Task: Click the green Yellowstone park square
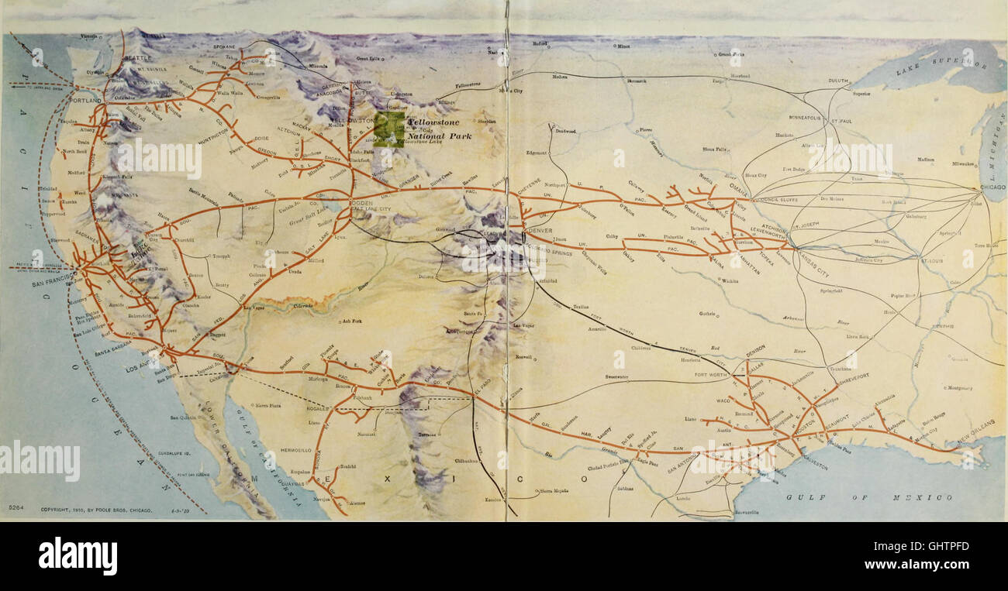pyautogui.click(x=388, y=129)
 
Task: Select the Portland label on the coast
pyautogui.click(x=85, y=101)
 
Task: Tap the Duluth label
pyautogui.click(x=837, y=81)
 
